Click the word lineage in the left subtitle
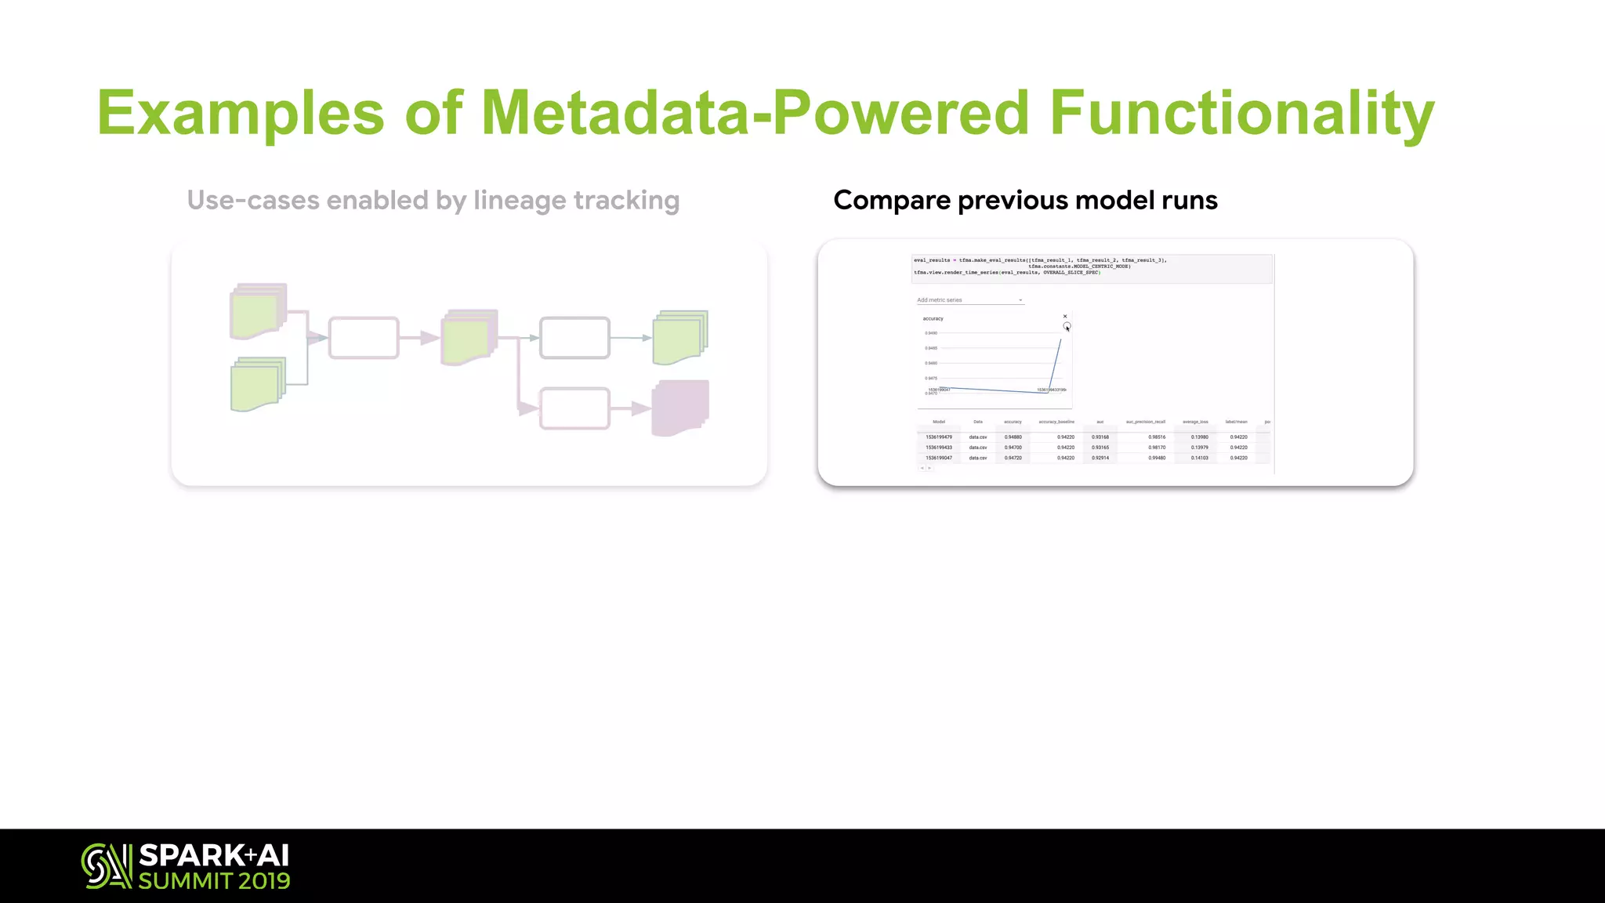(520, 201)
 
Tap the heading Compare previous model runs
(1025, 201)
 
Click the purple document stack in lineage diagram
(680, 408)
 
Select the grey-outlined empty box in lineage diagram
(574, 338)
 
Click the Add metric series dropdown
(969, 300)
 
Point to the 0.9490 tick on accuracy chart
(931, 333)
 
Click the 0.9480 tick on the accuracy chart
(931, 363)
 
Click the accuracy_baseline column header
(1056, 422)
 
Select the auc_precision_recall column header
(1145, 422)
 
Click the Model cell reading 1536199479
(938, 437)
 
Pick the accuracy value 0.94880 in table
(1013, 437)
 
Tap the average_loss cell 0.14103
(1199, 458)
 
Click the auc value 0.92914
(1100, 458)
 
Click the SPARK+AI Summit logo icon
(106, 866)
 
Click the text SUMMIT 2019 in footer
(214, 881)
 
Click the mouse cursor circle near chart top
(1067, 326)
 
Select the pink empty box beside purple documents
(574, 408)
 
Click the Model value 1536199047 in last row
(938, 458)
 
